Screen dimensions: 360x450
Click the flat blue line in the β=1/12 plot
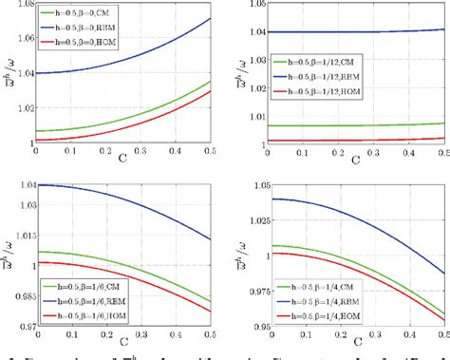370,31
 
